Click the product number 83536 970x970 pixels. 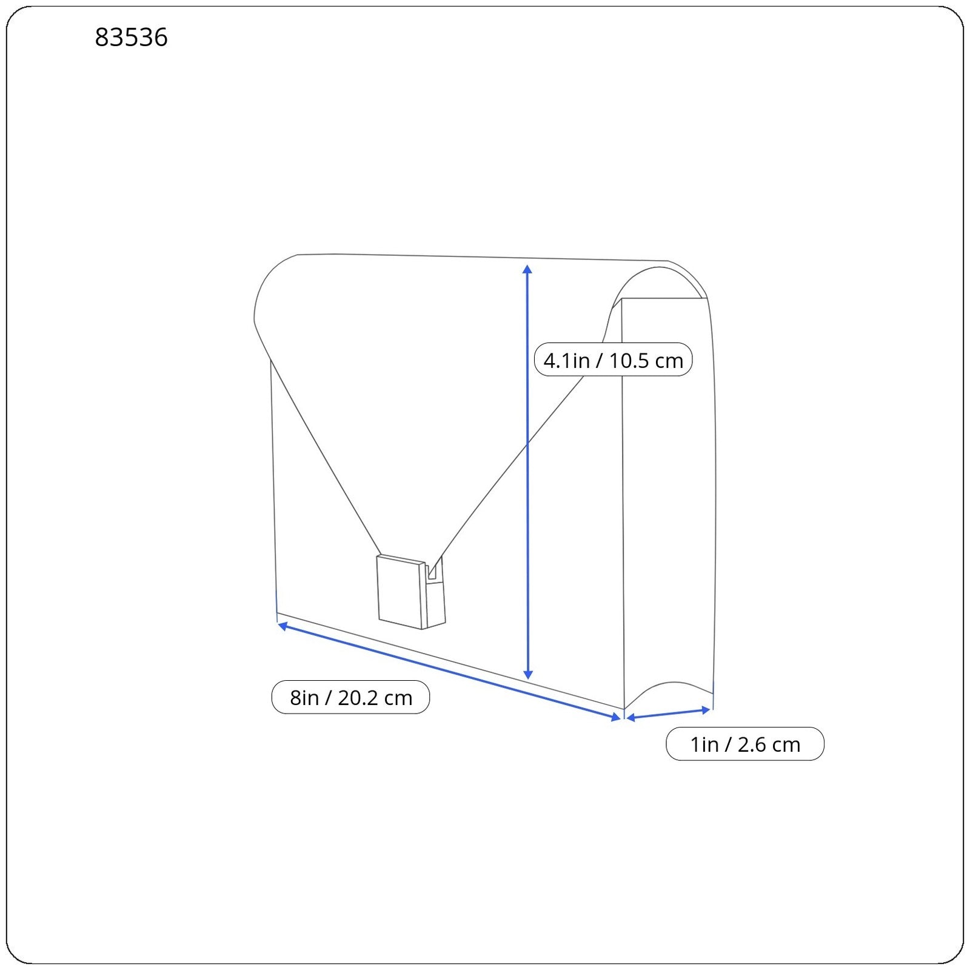(x=131, y=38)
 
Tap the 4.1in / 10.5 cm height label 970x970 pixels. (x=613, y=360)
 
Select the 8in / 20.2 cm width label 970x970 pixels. (x=350, y=697)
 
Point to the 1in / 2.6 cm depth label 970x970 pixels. (x=745, y=744)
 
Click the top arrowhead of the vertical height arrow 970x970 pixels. (x=527, y=269)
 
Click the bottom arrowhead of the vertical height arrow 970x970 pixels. (x=528, y=674)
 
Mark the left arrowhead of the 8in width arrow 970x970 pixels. (x=283, y=625)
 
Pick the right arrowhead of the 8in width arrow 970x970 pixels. (x=616, y=717)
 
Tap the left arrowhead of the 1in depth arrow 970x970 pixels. (x=630, y=718)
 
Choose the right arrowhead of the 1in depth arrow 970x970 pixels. (x=705, y=709)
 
